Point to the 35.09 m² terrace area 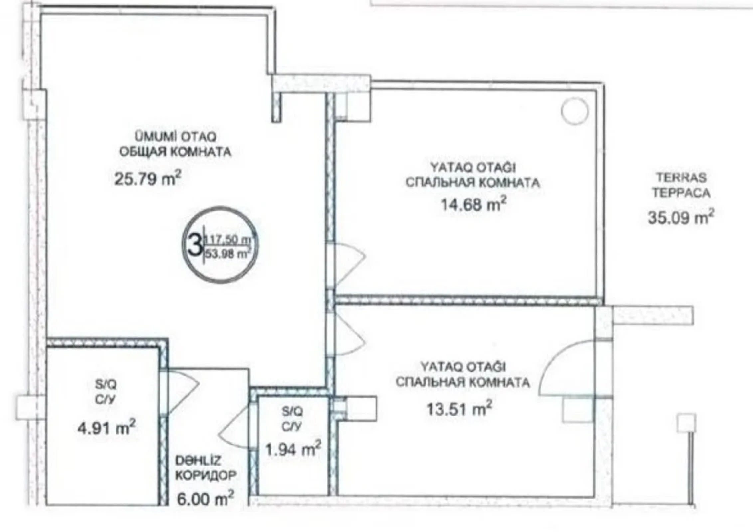pyautogui.click(x=680, y=218)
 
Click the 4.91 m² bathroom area pyautogui.click(x=106, y=428)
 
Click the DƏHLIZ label pyautogui.click(x=198, y=461)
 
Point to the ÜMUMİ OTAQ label pyautogui.click(x=175, y=136)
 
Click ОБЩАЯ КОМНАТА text pyautogui.click(x=175, y=152)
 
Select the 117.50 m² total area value pyautogui.click(x=227, y=239)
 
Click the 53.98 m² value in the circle pyautogui.click(x=227, y=254)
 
